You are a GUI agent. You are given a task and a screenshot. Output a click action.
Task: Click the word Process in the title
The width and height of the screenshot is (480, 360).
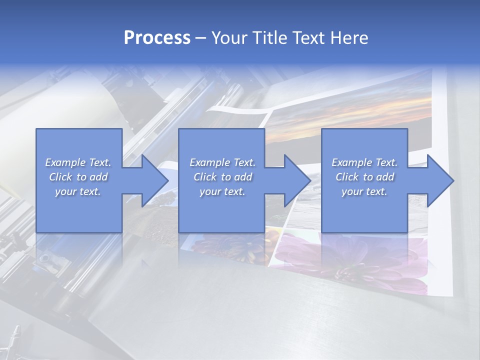157,38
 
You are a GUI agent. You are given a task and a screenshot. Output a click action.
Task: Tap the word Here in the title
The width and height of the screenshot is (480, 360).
349,38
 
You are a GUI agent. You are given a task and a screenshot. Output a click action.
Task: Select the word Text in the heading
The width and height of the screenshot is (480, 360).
307,38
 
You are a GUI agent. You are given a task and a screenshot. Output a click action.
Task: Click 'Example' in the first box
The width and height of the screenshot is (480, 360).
65,162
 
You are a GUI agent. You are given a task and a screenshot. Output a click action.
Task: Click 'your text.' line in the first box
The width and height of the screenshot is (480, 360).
78,191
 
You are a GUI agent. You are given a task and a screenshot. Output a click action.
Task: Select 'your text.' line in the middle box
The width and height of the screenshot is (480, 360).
222,191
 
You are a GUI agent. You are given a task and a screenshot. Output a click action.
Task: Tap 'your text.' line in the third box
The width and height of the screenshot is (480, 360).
364,191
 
